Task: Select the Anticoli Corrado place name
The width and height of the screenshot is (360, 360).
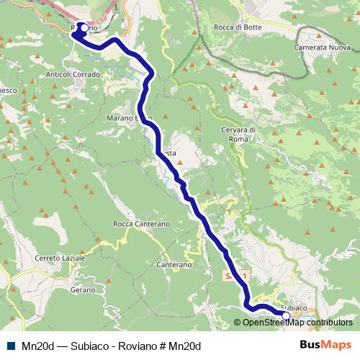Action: point(73,73)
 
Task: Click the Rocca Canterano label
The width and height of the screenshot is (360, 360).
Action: point(142,225)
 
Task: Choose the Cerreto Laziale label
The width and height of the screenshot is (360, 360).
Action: point(60,257)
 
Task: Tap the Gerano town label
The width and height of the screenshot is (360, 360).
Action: point(83,289)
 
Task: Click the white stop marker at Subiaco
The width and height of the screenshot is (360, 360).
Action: point(286,315)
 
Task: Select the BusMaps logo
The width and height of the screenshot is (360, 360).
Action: point(325,345)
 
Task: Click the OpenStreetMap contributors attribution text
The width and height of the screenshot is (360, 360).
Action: point(293,323)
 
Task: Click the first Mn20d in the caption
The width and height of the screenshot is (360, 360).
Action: point(37,346)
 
